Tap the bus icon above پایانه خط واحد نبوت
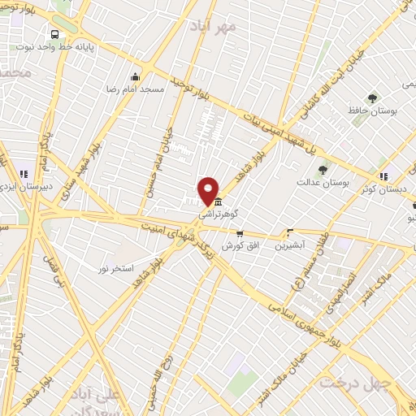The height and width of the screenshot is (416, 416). click(x=54, y=35)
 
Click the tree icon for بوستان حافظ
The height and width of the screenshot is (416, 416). click(x=372, y=99)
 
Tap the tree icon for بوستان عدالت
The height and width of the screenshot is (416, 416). click(x=323, y=170)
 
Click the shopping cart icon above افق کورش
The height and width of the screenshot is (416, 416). click(x=238, y=233)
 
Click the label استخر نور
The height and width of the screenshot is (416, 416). click(x=115, y=267)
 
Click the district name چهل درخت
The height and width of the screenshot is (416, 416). click(x=351, y=382)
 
